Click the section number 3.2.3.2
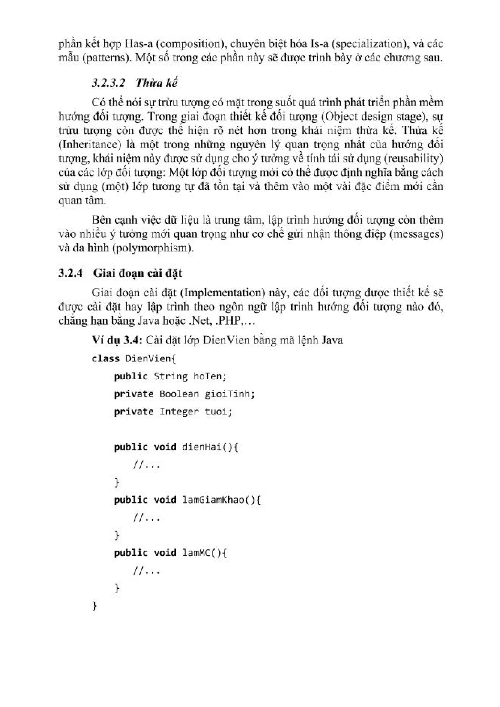coord(108,83)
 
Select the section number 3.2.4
coord(71,273)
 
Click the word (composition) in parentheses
coord(188,44)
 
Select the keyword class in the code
coord(106,358)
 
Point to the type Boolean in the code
coord(179,394)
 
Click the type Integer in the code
coord(179,411)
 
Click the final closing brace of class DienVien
coord(94,606)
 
